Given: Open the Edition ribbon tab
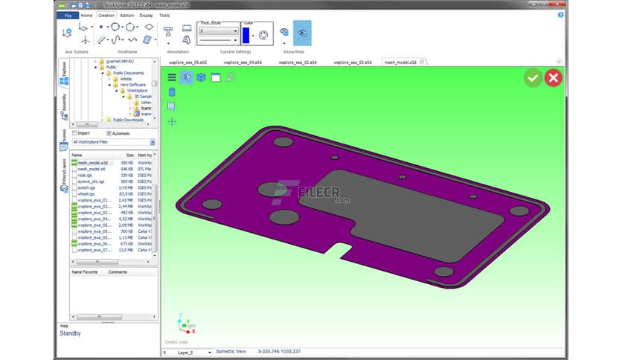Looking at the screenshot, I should point(127,15).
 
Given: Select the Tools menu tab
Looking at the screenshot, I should point(164,15).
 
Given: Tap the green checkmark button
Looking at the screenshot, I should point(533,77).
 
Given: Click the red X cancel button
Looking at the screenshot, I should point(553,77).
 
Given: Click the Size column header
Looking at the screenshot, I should point(129,155).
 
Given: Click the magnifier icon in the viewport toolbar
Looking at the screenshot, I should point(231,77).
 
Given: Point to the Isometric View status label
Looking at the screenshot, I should point(231,352).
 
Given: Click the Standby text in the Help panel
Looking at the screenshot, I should point(71,333).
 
